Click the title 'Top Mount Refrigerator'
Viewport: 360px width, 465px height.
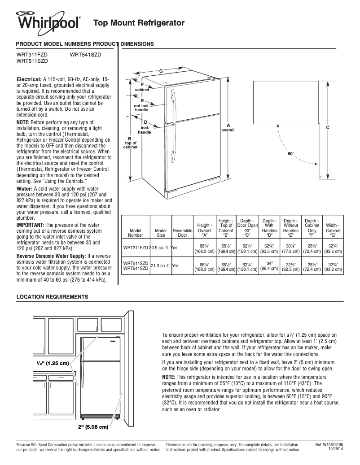139,22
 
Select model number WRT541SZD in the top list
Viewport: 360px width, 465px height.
86,54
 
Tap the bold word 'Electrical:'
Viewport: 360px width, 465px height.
29,79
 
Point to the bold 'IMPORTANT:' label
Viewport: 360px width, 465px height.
31,225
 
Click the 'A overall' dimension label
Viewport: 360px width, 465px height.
228,127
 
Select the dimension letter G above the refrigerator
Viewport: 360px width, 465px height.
161,72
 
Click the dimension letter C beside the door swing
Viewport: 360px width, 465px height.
328,128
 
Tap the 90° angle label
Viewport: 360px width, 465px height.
290,154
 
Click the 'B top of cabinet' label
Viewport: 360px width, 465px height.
130,143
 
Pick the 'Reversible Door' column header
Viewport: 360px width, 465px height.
182,232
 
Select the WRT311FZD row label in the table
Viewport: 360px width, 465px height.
136,247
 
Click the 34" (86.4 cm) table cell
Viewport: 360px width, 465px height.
269,266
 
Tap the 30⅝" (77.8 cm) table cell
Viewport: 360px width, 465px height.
291,248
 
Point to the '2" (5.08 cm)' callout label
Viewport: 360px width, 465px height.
93,426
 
